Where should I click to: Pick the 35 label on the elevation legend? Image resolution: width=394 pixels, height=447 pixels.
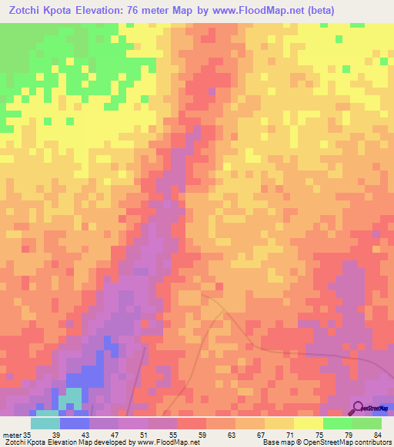(x=28, y=435)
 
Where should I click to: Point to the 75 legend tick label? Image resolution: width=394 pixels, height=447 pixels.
(x=338, y=435)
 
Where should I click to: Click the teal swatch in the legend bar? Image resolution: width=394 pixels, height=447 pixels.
(x=45, y=423)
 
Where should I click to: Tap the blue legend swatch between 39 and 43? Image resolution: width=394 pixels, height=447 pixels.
(x=74, y=423)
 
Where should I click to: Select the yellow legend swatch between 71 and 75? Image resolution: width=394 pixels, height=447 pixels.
(x=309, y=423)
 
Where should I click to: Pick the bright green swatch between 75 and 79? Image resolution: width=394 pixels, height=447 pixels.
(x=338, y=423)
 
